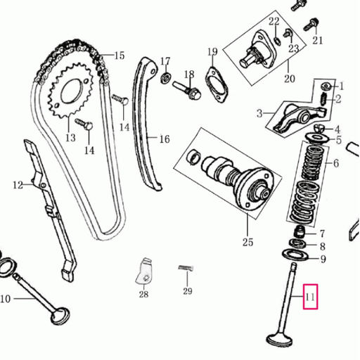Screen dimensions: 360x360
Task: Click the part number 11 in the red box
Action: (310, 297)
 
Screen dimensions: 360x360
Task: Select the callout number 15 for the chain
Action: (120, 56)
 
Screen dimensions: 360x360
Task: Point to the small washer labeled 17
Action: (166, 78)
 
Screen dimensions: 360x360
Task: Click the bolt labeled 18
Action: (187, 90)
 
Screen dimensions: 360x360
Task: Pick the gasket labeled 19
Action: (217, 85)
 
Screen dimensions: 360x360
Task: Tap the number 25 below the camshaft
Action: (248, 242)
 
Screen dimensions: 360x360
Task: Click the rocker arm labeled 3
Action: (297, 117)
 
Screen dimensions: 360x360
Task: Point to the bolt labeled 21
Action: (311, 25)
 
